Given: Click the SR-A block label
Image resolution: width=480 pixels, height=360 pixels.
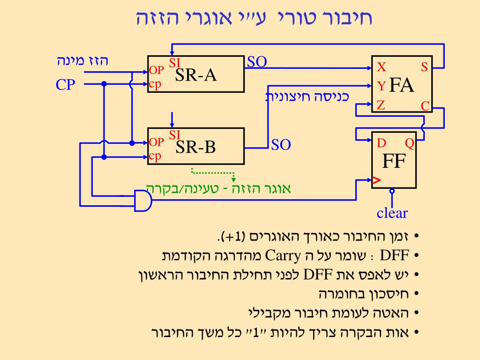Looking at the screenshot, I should tap(196, 75).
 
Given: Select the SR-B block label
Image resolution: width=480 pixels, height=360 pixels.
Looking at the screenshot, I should tap(196, 147).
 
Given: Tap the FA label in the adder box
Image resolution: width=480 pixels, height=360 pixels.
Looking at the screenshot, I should tap(402, 86).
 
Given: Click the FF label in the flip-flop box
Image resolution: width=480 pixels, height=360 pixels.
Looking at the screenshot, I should tap(393, 162).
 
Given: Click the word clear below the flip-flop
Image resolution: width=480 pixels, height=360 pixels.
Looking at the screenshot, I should tap(392, 214).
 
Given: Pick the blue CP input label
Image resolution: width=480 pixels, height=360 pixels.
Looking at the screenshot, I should tap(66, 85).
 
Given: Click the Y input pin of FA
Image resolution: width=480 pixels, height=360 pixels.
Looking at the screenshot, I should tap(382, 86).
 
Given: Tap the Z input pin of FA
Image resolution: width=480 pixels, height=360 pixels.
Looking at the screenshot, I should tap(381, 105).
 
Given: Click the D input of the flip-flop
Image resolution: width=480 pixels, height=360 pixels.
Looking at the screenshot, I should tap(381, 143).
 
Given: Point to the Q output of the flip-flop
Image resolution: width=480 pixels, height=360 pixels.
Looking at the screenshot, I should tap(410, 143).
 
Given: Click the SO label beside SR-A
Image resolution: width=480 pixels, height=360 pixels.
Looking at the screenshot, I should tap(257, 61).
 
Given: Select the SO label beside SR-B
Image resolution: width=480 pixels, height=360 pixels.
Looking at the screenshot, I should tap(281, 145).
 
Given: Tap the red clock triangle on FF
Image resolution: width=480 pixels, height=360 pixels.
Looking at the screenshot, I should tap(376, 180).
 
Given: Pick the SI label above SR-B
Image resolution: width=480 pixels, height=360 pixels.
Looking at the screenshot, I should tap(175, 135).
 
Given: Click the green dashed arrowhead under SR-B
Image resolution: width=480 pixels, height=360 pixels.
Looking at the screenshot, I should tap(233, 179).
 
